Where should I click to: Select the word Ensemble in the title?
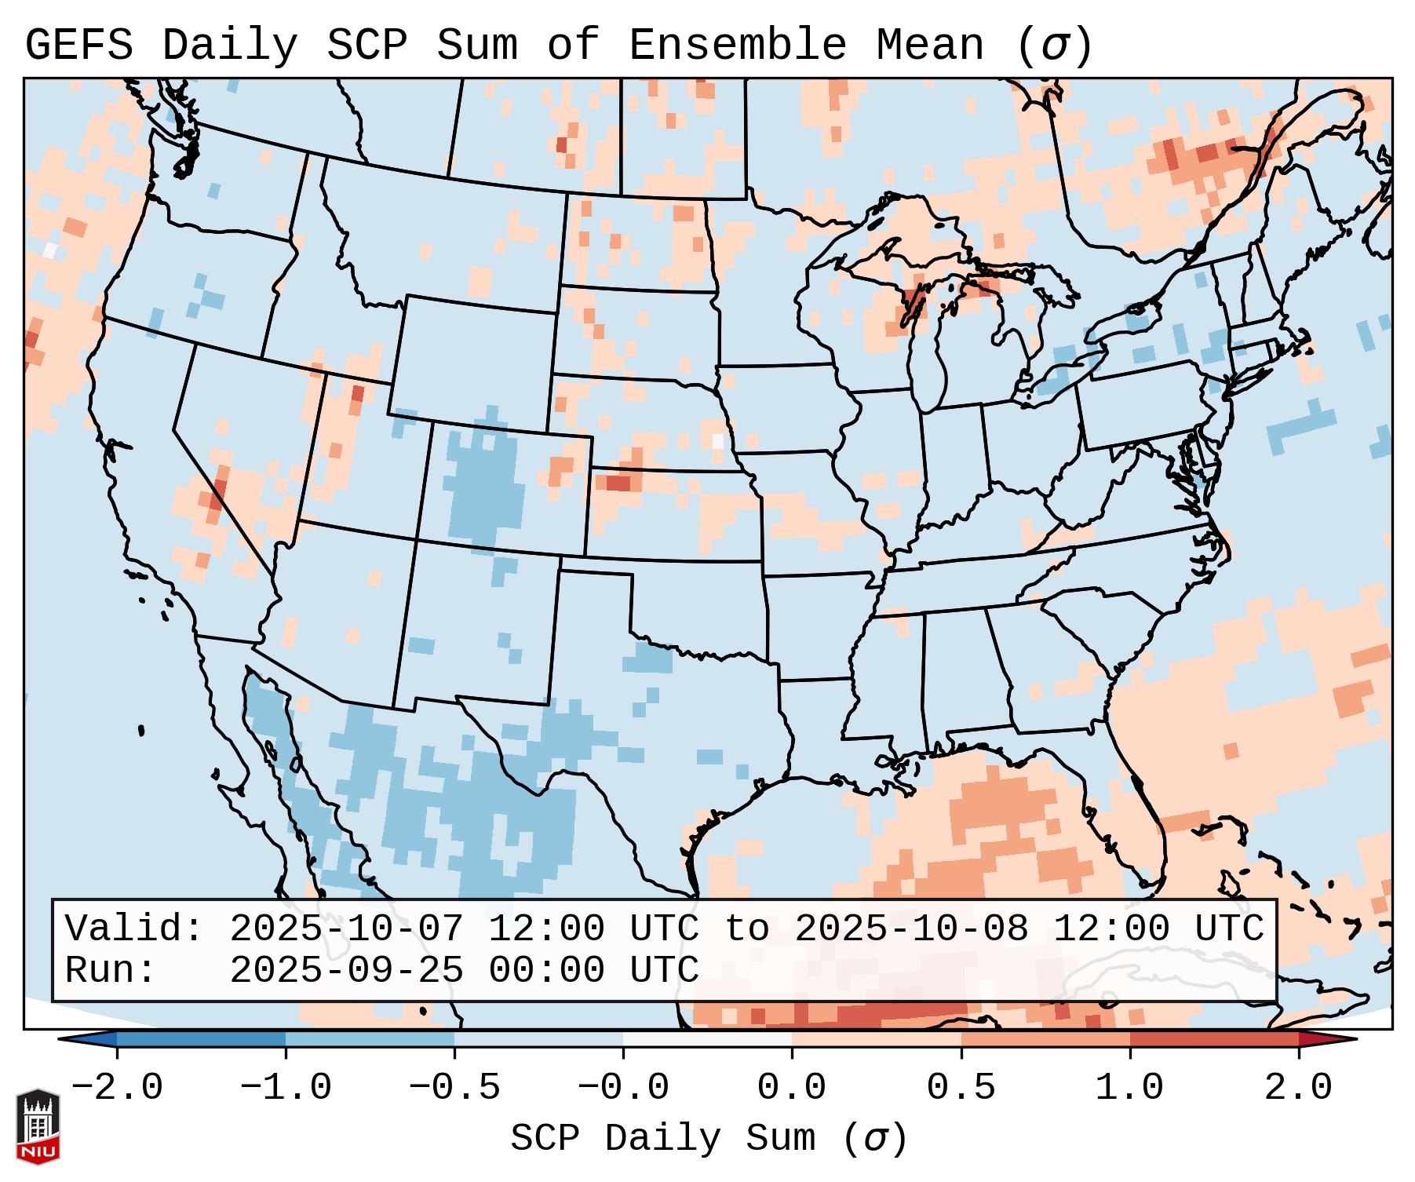[x=737, y=46]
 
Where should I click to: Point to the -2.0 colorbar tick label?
[x=117, y=1088]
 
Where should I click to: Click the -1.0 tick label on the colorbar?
[x=286, y=1088]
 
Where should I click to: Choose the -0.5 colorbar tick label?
[x=454, y=1088]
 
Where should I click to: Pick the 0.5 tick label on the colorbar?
[x=961, y=1088]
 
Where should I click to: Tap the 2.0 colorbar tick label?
[x=1299, y=1088]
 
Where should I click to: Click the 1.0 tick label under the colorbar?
[x=1130, y=1088]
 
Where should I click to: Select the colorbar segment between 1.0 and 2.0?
[x=1214, y=1039]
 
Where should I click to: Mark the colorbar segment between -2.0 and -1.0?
[x=201, y=1039]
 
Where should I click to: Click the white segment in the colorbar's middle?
[x=707, y=1039]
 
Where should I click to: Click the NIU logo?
[x=38, y=1126]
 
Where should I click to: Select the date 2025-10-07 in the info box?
[x=347, y=929]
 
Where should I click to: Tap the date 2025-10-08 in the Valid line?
[x=912, y=929]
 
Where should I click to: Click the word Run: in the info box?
[x=111, y=971]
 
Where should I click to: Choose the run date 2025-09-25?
[x=347, y=971]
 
